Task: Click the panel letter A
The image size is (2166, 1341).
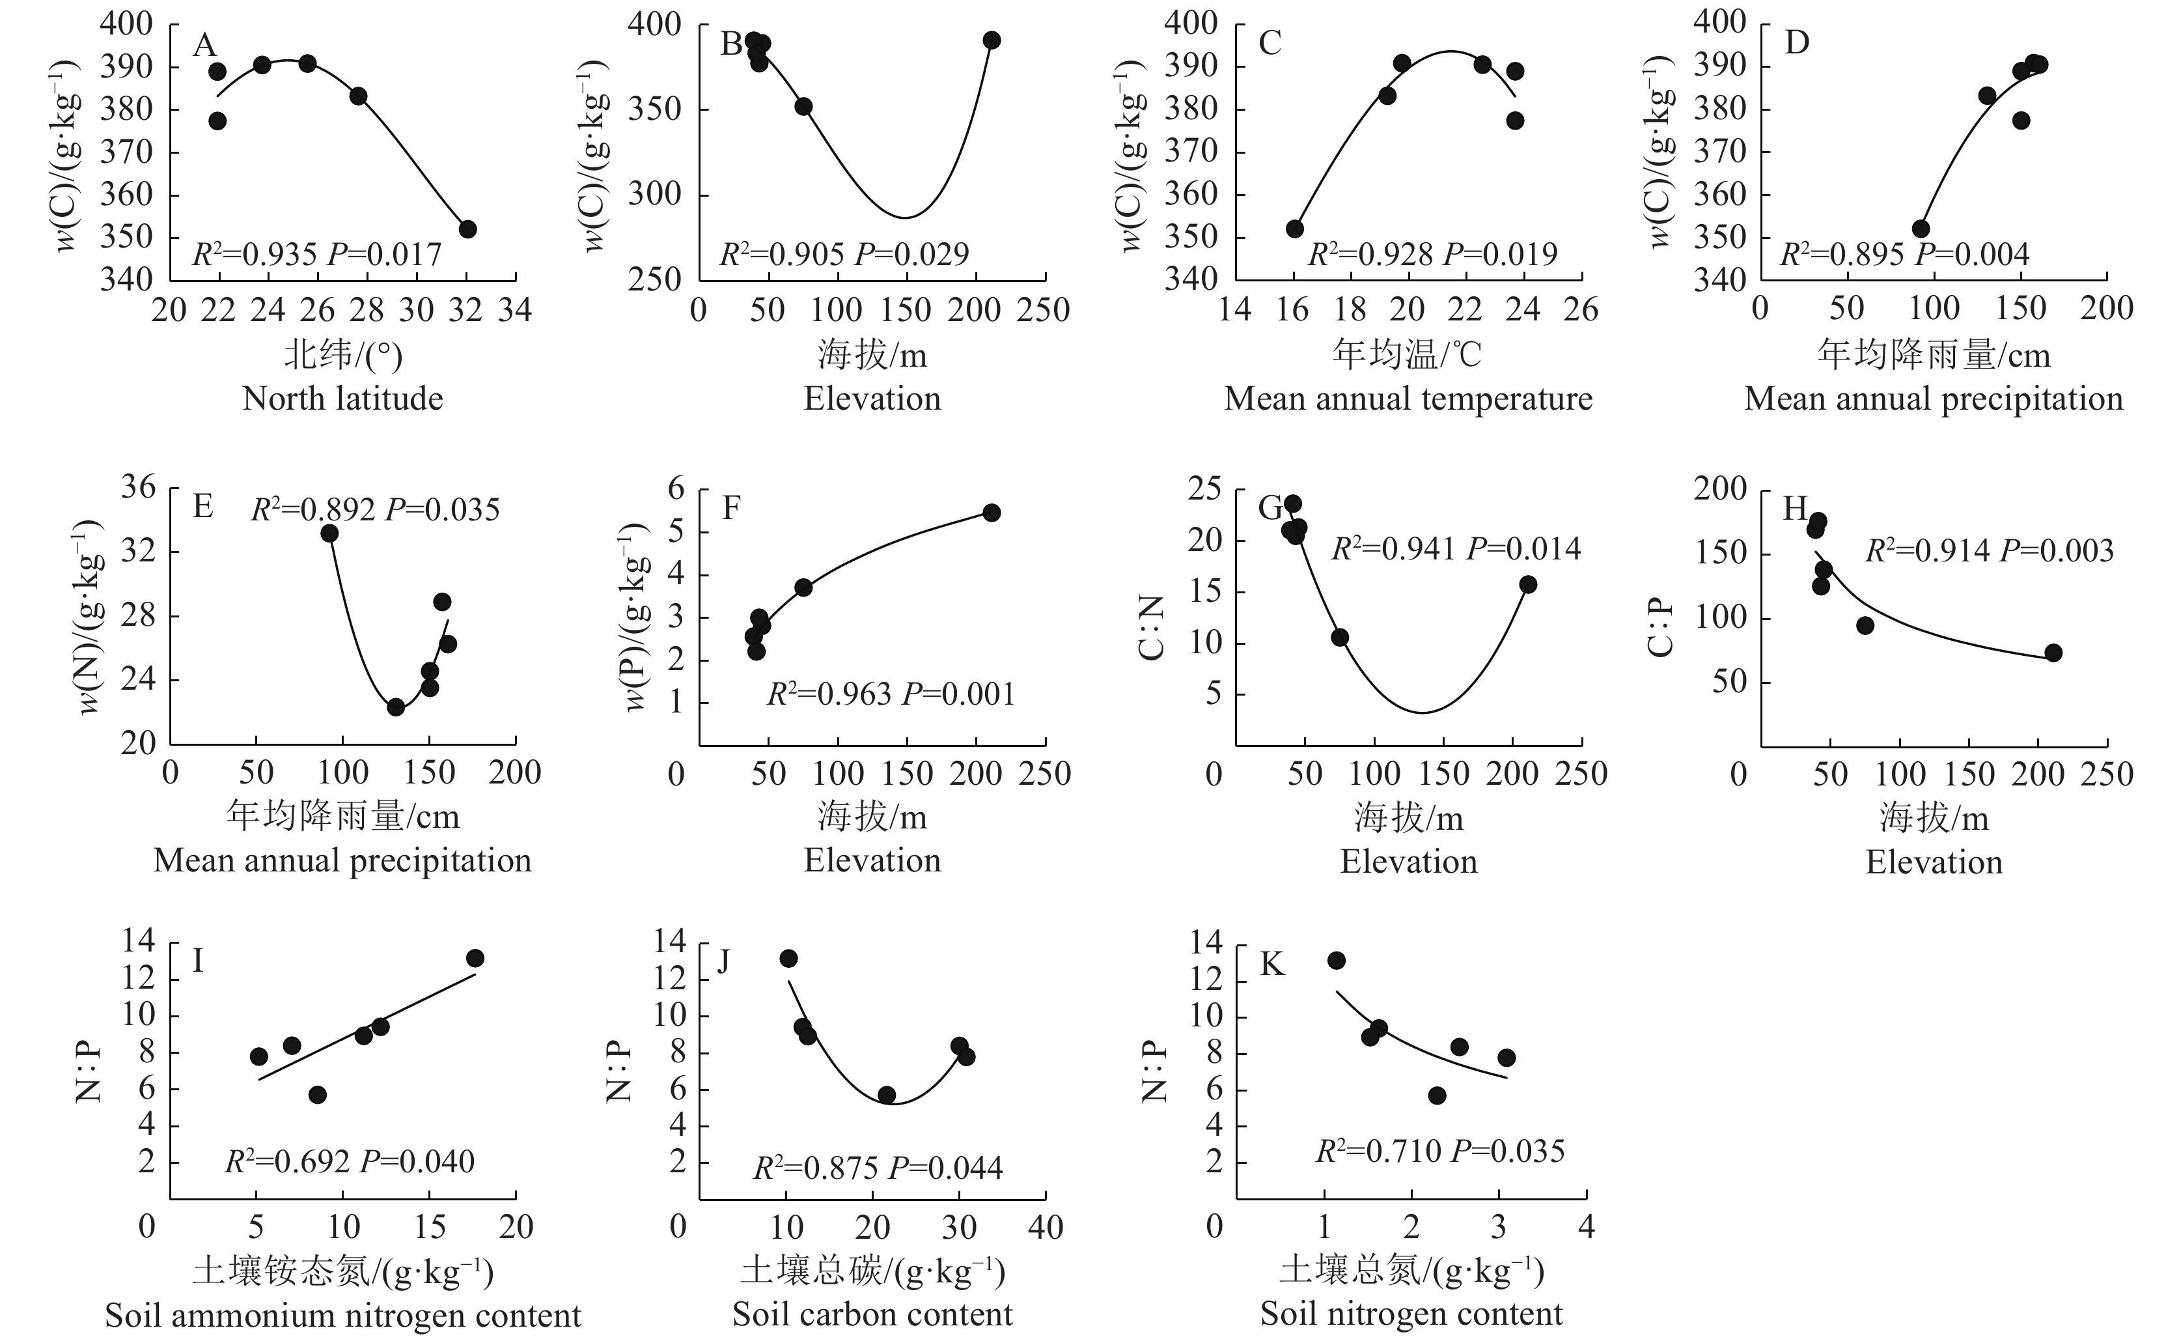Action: coord(205,44)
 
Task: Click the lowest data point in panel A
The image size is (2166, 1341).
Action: coord(467,229)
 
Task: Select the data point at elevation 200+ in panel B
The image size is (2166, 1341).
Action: coord(992,40)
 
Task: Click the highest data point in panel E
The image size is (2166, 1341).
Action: coord(330,533)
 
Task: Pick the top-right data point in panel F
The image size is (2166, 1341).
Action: coord(992,513)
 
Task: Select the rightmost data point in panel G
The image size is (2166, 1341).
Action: coord(1527,584)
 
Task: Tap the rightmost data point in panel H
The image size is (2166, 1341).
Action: coord(2053,653)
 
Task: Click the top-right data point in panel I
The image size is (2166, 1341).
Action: coord(475,958)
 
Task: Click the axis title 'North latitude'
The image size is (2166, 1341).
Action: coord(343,399)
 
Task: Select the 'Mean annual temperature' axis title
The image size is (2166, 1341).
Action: coord(1408,399)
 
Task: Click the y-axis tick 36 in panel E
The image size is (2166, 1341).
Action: coord(140,487)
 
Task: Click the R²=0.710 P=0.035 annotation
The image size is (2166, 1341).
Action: coord(1440,1151)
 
